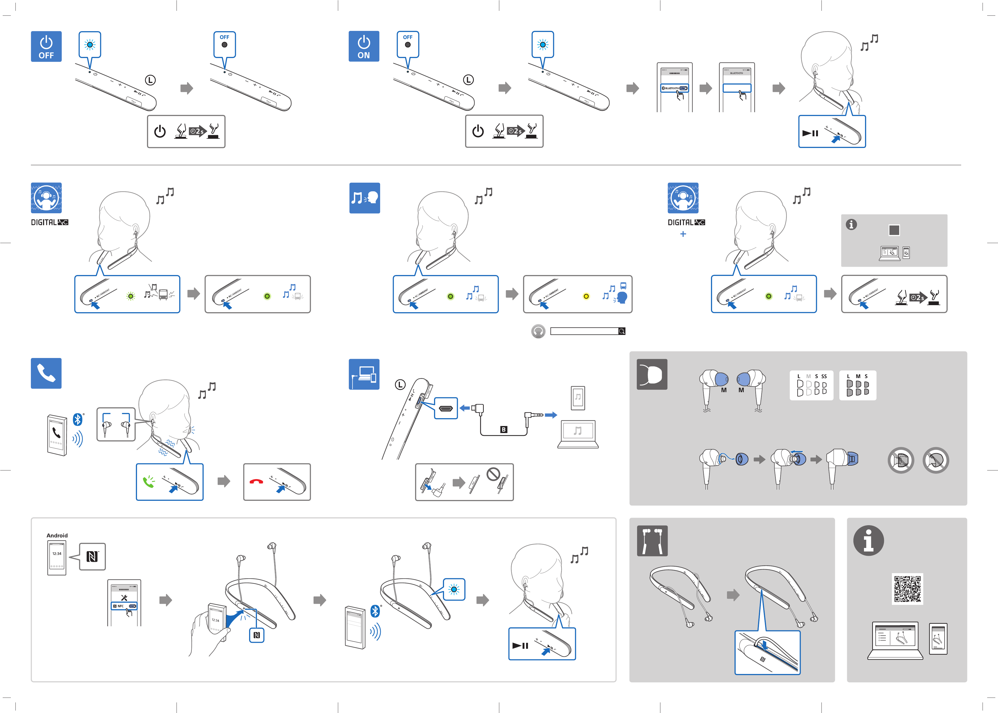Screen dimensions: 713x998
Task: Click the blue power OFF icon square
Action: tap(46, 47)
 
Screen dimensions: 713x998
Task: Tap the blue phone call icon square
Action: tap(46, 373)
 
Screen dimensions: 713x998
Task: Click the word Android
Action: tap(57, 535)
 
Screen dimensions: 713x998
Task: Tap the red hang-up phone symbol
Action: tap(256, 482)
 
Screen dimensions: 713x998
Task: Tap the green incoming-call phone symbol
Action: tap(149, 482)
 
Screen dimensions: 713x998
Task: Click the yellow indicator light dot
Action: tap(586, 296)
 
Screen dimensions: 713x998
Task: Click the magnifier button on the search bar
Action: tap(622, 331)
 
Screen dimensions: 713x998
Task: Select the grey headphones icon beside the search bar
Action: tap(538, 331)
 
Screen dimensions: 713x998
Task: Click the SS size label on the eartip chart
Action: tap(824, 376)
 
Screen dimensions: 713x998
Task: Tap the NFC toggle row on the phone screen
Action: tap(124, 606)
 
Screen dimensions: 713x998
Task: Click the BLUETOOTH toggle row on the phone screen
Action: tap(675, 88)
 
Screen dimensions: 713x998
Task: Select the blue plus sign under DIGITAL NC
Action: tap(683, 234)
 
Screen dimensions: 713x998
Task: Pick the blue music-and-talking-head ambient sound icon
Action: tap(364, 198)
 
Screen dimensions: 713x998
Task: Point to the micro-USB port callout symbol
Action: tap(446, 408)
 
